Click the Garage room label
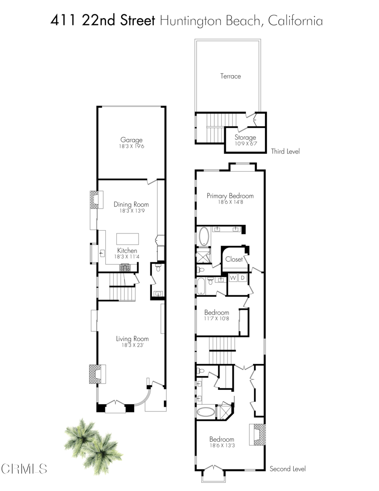pyautogui.click(x=131, y=140)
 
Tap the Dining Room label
pyautogui.click(x=131, y=204)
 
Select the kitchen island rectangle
pyautogui.click(x=128, y=239)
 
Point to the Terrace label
pyautogui.click(x=230, y=76)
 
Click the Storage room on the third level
pyautogui.click(x=245, y=140)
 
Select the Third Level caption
pyautogui.click(x=286, y=151)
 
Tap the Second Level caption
pyautogui.click(x=287, y=468)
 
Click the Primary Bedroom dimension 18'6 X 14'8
pyautogui.click(x=230, y=203)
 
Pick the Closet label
pyautogui.click(x=234, y=259)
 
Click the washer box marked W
pyautogui.click(x=233, y=278)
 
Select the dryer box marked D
pyautogui.click(x=242, y=278)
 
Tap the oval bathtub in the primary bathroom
pyautogui.click(x=204, y=236)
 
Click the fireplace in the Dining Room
pyautogui.click(x=95, y=199)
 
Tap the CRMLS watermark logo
pyautogui.click(x=24, y=468)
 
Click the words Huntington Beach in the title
pyautogui.click(x=211, y=21)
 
